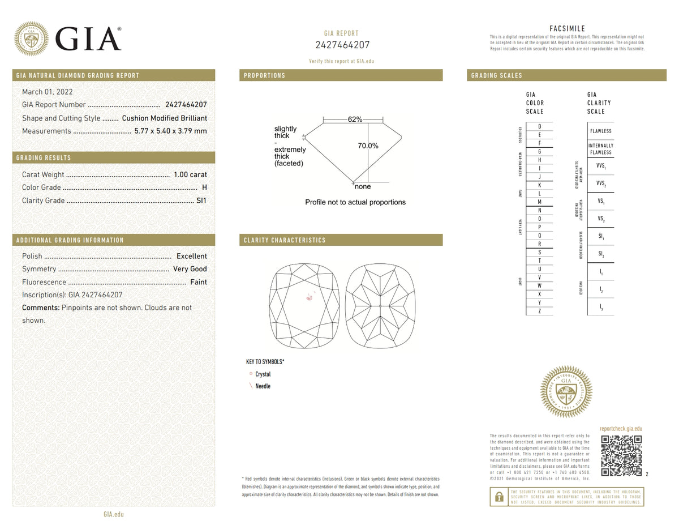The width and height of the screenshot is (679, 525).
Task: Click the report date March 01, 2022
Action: coord(47,92)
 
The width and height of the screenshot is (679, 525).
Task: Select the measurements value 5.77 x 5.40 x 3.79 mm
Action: coord(170,131)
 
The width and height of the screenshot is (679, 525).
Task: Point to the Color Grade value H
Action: coord(204,188)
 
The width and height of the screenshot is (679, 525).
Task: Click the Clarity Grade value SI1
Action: coord(201,201)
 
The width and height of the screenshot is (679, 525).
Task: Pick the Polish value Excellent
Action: coord(191,257)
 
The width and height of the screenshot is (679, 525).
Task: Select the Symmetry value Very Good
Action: coord(190,270)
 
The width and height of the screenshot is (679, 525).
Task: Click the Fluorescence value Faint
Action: coord(198,283)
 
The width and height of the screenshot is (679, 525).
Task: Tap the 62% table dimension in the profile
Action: coord(355,120)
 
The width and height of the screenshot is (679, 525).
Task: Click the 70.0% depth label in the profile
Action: coord(368,146)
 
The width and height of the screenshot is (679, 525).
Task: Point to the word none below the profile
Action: coord(363,187)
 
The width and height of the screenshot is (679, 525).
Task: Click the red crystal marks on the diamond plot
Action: coord(310,297)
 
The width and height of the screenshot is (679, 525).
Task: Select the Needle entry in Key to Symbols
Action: coord(263,386)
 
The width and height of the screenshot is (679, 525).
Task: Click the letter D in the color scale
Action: coord(539,126)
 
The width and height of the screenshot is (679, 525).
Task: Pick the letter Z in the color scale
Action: coord(539,311)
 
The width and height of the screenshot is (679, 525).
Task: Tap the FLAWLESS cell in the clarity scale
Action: coord(600,131)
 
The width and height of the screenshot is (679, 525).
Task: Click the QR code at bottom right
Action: coord(621,456)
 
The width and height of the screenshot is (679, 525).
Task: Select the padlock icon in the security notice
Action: coord(499,497)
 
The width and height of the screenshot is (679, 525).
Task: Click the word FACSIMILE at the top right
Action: coord(567,29)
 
